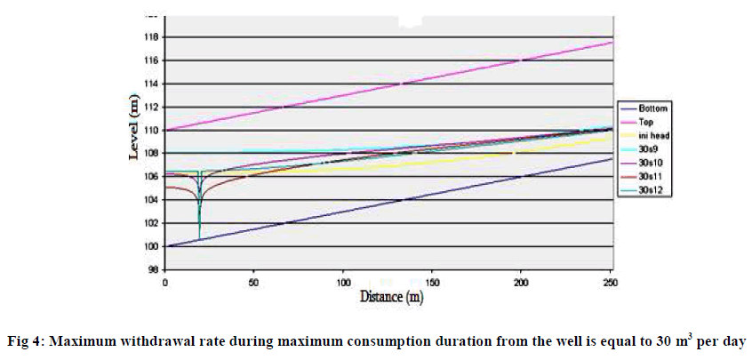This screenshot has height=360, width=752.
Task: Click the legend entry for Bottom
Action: click(652, 108)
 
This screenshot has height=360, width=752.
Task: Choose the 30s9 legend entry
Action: click(650, 148)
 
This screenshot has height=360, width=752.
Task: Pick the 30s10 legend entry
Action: click(652, 162)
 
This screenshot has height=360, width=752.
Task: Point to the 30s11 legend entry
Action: click(652, 176)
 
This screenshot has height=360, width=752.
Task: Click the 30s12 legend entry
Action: click(652, 189)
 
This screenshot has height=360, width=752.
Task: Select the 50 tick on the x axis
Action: click(254, 282)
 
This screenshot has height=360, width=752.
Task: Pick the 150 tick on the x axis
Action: click(432, 282)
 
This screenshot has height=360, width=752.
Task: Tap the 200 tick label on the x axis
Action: click(521, 282)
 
